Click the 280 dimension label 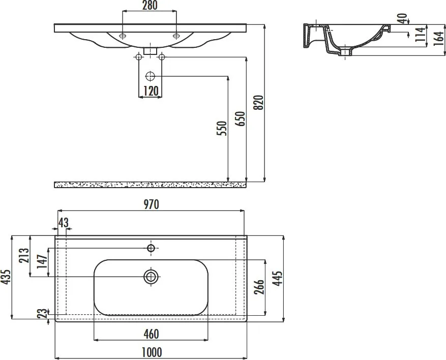coord(150,6)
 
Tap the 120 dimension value coord(151,92)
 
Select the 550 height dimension coord(222,128)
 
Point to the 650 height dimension coord(240,119)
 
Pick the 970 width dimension coord(151,204)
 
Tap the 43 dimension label coord(63,222)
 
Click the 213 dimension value coord(24,255)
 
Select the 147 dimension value coord(42,261)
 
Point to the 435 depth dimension coord(6,277)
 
